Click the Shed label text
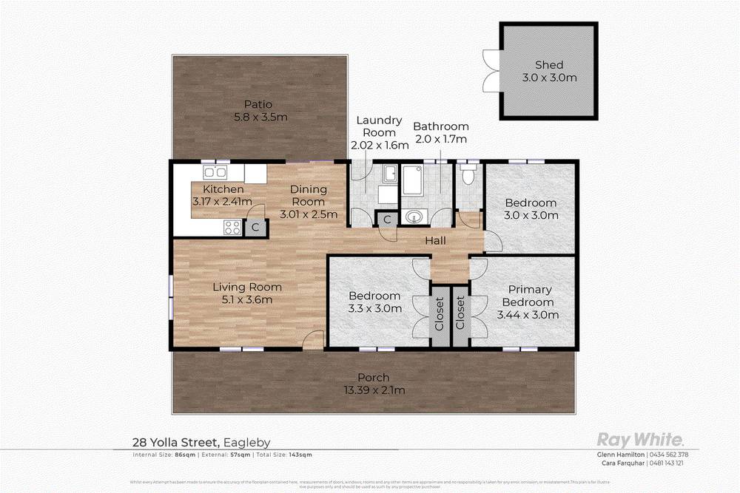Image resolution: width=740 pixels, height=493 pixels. click(x=549, y=65)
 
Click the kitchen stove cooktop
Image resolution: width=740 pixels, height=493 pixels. click(x=232, y=228)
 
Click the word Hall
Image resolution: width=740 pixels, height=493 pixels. click(x=435, y=240)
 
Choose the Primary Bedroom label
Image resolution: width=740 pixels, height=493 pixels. click(x=528, y=296)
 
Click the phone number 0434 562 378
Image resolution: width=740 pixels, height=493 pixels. click(x=669, y=454)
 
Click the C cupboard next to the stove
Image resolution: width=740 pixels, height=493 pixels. click(x=255, y=228)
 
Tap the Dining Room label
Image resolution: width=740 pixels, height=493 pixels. click(x=308, y=195)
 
